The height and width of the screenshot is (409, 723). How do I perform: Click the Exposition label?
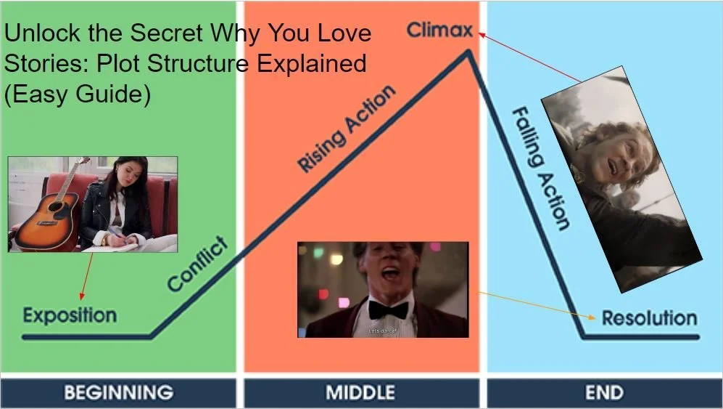70,315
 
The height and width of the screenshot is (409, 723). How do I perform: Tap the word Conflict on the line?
197,264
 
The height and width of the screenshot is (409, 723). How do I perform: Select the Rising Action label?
347,129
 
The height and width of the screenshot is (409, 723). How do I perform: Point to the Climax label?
439,31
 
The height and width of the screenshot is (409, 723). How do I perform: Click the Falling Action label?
540,168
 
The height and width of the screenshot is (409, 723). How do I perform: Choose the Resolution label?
649,317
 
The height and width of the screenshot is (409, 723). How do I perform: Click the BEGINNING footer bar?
118,393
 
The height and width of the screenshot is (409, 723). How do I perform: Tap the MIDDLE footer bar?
360,393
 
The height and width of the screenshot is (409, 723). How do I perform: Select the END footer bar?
604,393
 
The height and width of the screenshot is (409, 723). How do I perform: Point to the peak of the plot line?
469,51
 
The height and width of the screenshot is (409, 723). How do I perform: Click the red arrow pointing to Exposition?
86,276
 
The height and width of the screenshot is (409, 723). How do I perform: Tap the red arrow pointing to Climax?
529,57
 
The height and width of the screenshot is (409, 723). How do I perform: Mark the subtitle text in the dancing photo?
383,331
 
